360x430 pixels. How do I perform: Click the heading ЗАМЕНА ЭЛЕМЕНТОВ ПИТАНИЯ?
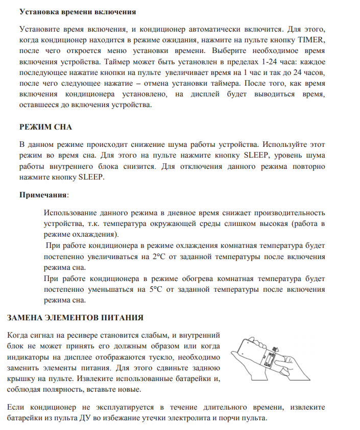[x=75, y=318]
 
